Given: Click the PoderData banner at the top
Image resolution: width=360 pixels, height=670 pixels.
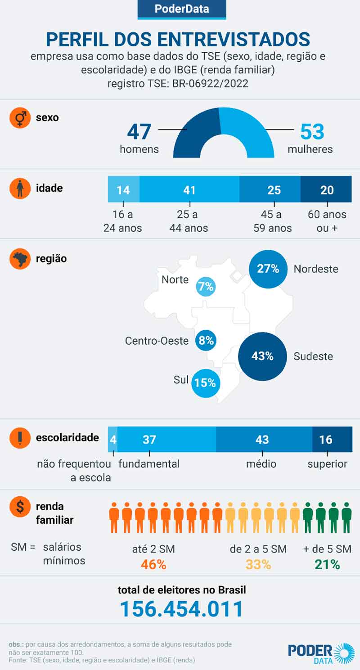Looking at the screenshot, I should pyautogui.click(x=181, y=9).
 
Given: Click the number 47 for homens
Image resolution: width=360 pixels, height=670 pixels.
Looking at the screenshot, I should pyautogui.click(x=139, y=132).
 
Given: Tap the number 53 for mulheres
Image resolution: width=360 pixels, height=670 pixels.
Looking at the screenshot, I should pyautogui.click(x=312, y=132).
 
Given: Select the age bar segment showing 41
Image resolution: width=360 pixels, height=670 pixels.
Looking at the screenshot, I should pyautogui.click(x=189, y=189).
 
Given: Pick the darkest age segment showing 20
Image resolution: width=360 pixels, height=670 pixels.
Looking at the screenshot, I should pyautogui.click(x=326, y=189).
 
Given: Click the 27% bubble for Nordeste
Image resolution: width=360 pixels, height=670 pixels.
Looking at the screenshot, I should pyautogui.click(x=268, y=269).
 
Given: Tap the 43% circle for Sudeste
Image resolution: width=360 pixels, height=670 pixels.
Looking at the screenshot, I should pyautogui.click(x=262, y=356).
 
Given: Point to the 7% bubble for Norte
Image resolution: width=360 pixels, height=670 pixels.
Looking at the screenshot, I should pyautogui.click(x=206, y=287).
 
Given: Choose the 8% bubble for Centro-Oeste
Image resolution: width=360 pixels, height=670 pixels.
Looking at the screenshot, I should pyautogui.click(x=206, y=340).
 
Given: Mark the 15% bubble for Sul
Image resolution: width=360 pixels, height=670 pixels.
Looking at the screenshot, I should pyautogui.click(x=205, y=383).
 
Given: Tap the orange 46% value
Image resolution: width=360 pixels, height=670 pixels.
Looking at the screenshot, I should pyautogui.click(x=153, y=564).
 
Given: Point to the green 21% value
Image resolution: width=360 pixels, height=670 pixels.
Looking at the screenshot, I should pyautogui.click(x=327, y=564).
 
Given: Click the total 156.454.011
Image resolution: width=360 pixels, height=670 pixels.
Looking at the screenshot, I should pyautogui.click(x=181, y=609).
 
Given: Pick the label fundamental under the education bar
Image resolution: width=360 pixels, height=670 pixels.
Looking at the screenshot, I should pyautogui.click(x=149, y=464).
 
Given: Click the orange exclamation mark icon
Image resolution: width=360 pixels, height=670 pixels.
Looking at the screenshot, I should pyautogui.click(x=20, y=438).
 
